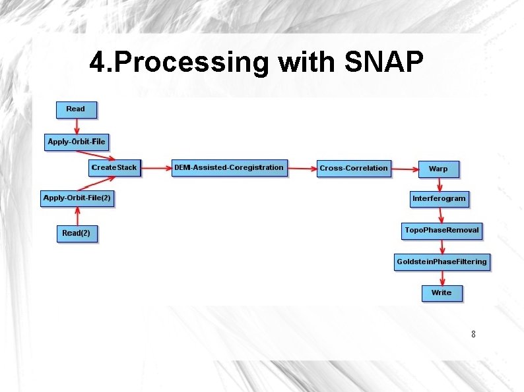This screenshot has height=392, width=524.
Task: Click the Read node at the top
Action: (76, 109)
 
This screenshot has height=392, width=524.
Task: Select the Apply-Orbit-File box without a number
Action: (77, 142)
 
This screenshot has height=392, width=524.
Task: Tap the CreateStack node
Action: (114, 168)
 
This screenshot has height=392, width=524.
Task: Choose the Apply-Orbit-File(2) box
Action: (77, 198)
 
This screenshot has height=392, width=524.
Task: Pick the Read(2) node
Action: (77, 233)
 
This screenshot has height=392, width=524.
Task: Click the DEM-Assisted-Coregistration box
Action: (228, 168)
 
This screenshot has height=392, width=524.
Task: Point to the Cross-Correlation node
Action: (354, 169)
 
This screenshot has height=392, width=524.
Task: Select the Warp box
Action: (438, 169)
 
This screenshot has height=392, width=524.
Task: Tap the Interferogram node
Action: (439, 198)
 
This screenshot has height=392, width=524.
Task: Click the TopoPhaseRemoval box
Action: (442, 231)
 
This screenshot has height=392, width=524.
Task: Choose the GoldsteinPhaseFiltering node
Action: (442, 262)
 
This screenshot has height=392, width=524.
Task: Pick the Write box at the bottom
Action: (442, 293)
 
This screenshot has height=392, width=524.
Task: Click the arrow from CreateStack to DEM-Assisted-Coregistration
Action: (156, 168)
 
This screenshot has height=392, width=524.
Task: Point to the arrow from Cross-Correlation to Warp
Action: (405, 169)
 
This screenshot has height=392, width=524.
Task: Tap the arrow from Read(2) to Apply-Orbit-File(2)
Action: (77, 216)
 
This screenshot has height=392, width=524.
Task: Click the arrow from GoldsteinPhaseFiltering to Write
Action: (442, 277)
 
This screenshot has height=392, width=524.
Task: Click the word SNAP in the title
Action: (383, 63)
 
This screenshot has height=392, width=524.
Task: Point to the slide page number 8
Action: (473, 335)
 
